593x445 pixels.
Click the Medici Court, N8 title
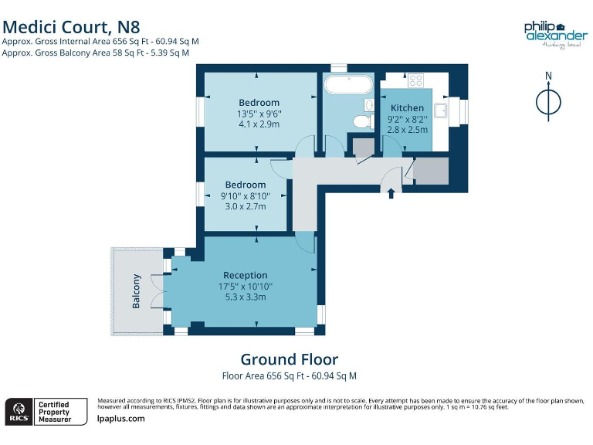tap(71, 27)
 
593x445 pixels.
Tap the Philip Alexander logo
tap(555, 33)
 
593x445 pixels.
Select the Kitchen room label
tap(407, 108)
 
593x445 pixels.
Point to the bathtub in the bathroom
tap(348, 84)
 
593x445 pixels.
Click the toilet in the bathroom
tap(360, 121)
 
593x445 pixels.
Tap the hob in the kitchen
tap(415, 80)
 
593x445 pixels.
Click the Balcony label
tap(137, 291)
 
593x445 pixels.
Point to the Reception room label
tap(245, 275)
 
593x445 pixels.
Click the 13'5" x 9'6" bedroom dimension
tap(259, 114)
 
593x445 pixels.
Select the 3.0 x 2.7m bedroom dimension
tap(246, 207)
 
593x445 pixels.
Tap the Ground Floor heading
tap(289, 359)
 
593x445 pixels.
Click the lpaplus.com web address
tap(121, 419)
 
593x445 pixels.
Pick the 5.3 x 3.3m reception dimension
tap(245, 297)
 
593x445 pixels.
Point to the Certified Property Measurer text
tap(54, 411)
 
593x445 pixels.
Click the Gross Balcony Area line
tap(96, 53)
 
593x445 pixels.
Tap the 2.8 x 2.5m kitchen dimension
tap(407, 130)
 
